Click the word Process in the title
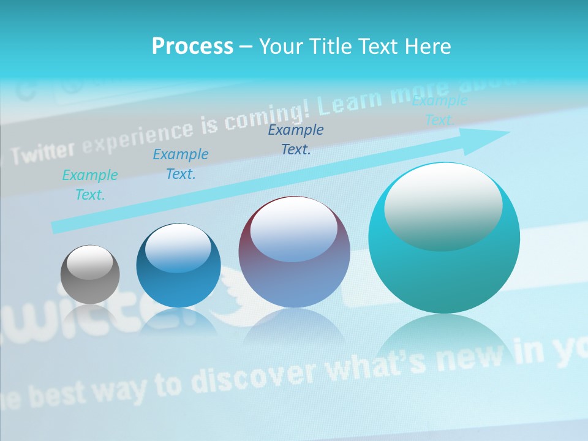pos(192,47)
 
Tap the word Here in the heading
pos(428,47)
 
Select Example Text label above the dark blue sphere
pos(181,164)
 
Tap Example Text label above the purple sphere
pos(296,139)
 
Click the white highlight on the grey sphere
pos(89,264)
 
